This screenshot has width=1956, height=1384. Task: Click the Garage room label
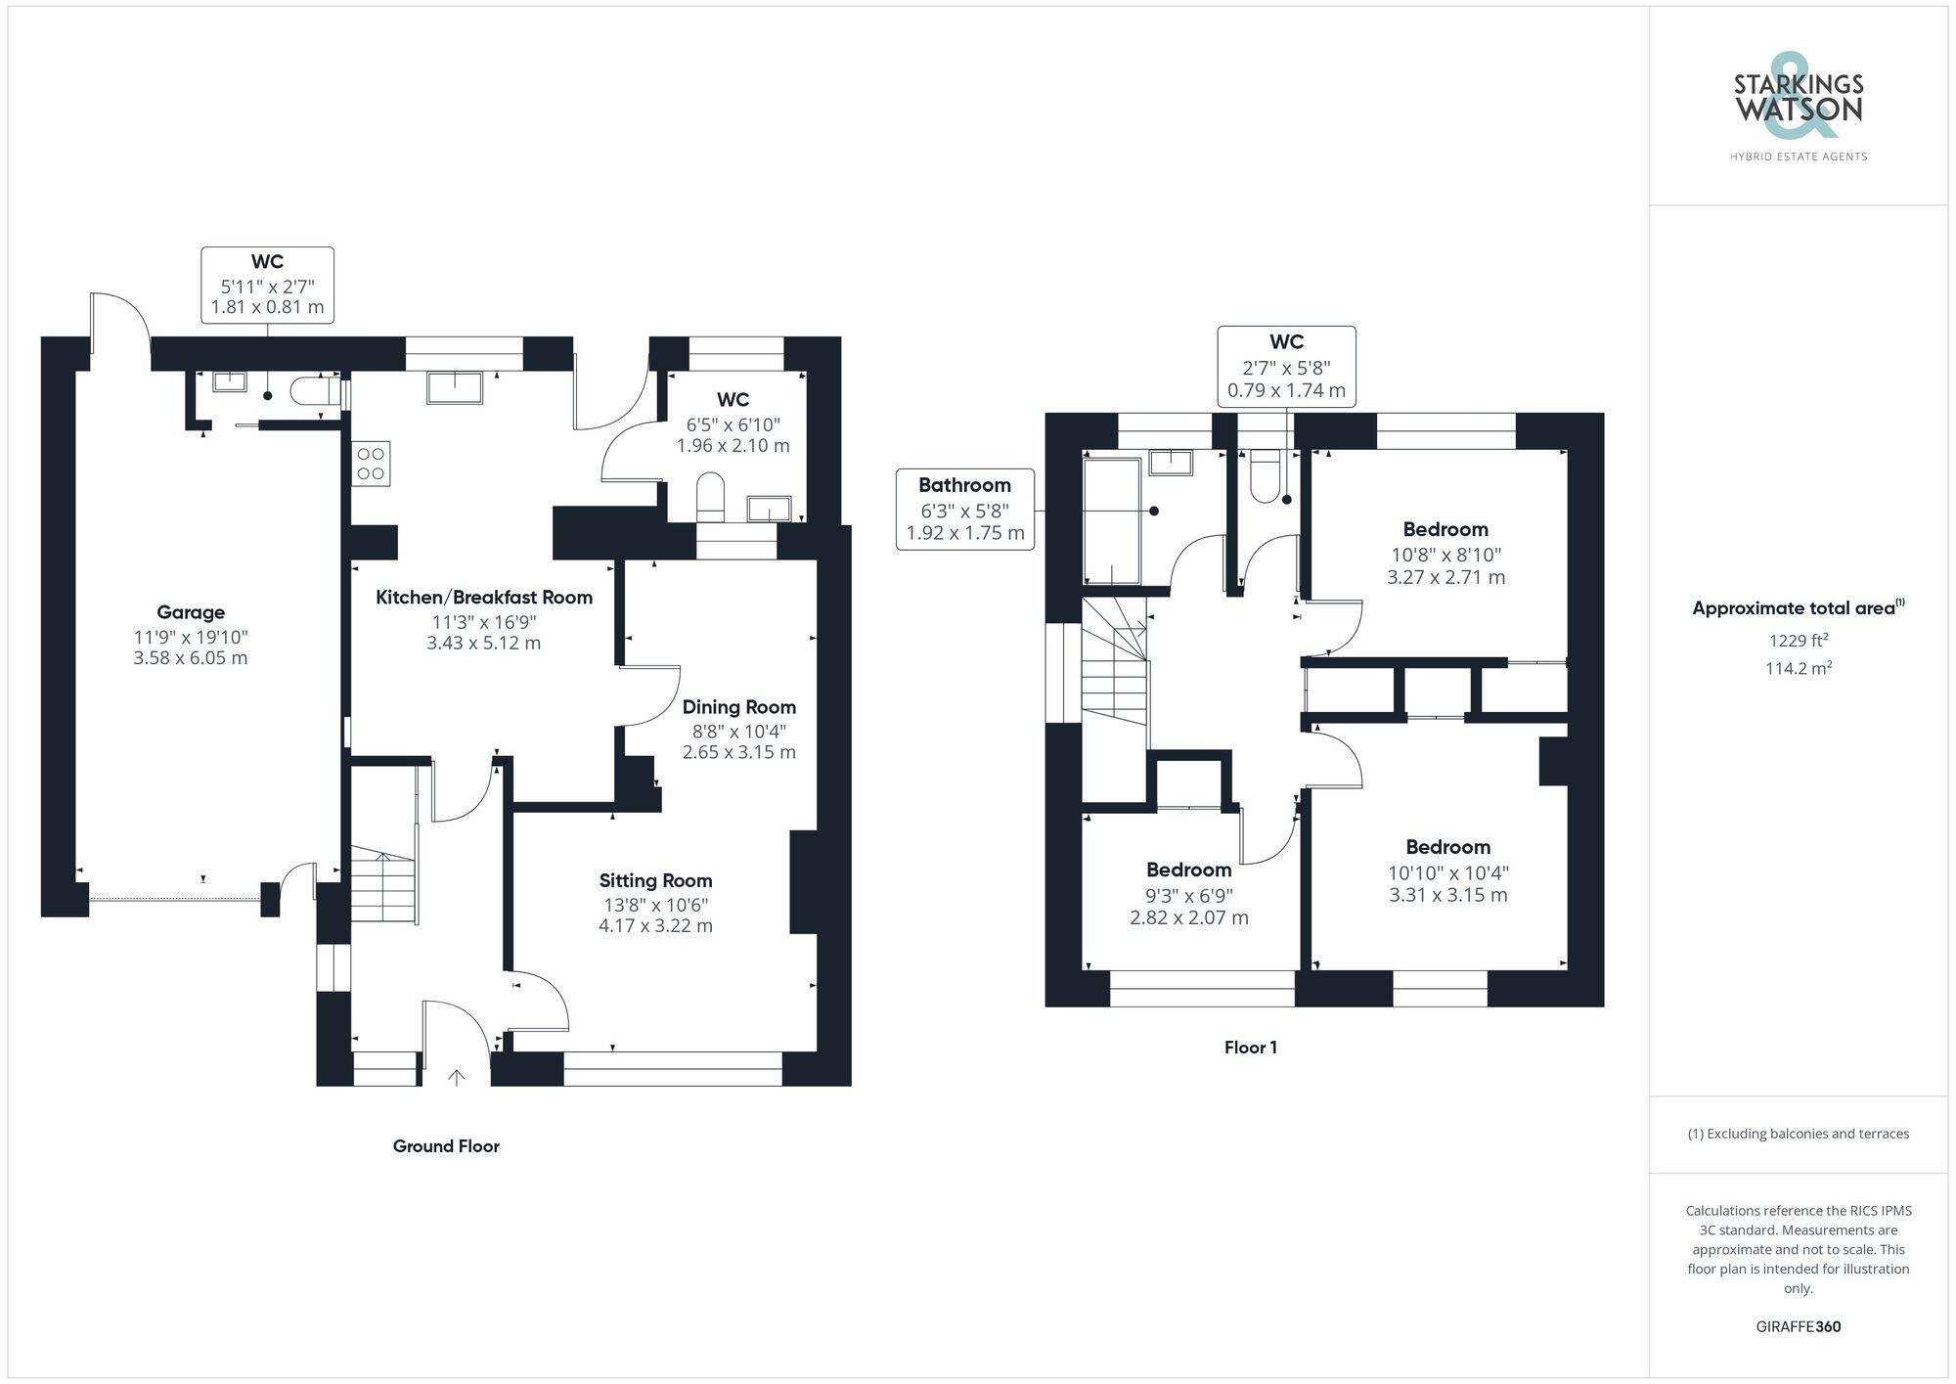191,612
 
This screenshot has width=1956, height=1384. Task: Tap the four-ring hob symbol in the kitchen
371,464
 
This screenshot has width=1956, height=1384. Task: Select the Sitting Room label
655,880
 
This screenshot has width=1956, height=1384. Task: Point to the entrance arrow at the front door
456,1077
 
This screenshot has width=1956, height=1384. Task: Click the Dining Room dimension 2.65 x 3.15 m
738,752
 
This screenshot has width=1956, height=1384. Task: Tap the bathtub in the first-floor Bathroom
1113,520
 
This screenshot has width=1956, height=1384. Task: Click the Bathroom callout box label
964,485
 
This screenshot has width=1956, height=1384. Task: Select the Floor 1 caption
1250,1048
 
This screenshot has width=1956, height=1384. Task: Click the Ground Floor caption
446,1146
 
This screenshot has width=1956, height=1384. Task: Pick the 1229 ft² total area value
1798,641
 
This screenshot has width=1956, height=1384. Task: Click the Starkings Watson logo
1798,108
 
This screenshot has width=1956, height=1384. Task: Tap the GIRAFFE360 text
1798,1327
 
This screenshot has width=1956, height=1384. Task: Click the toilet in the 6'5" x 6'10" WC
711,497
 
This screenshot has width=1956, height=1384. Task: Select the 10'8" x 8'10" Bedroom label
1445,530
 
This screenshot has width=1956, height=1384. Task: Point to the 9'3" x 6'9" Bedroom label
1188,871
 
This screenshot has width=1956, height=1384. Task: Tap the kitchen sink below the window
455,387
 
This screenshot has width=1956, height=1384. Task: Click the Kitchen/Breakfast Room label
484,598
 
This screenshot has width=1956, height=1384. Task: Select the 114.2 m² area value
1798,668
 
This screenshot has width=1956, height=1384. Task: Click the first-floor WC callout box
1286,366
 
